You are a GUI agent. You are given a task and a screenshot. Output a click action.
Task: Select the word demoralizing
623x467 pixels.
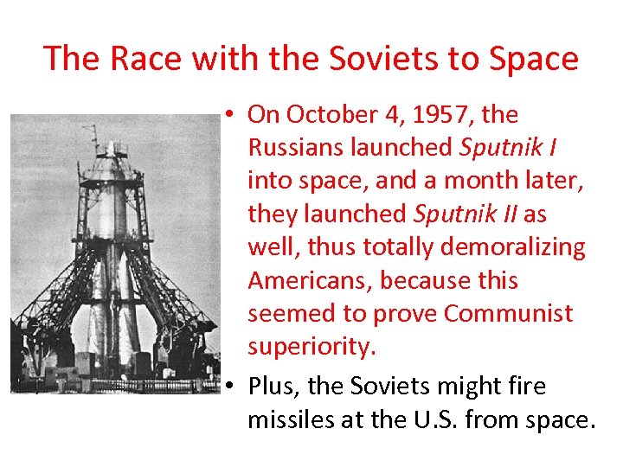[x=515, y=247]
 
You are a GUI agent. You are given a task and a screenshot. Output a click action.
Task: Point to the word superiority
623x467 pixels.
[x=311, y=346]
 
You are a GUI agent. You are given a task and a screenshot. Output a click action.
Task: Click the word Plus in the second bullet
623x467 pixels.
[x=272, y=386]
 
